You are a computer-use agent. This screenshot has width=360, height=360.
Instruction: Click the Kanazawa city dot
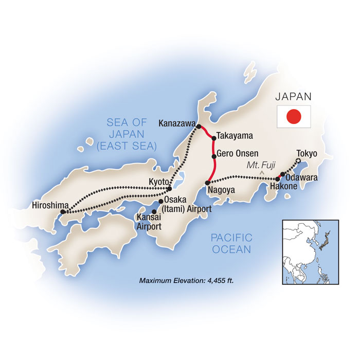pos(199,126)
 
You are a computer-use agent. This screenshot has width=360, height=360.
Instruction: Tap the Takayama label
pos(234,136)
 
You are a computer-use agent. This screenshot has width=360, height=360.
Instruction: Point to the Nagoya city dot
pos(207,183)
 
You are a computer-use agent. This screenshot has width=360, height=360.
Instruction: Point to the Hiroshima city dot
pos(63,211)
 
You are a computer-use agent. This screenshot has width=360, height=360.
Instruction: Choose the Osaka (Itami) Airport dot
pos(160,201)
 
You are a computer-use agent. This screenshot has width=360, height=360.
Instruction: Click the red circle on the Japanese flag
pos(294,117)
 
